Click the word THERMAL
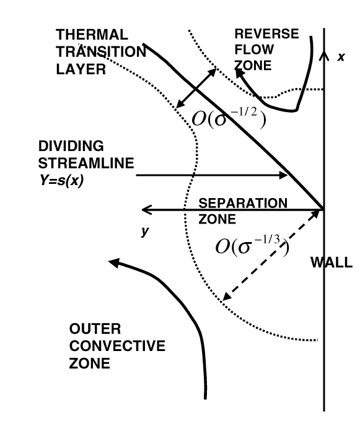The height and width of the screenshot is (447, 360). coord(92,35)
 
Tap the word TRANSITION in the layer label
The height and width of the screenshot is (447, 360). coord(101,52)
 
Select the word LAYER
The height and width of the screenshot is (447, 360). coord(81,69)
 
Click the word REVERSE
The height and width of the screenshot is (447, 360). coord(266,33)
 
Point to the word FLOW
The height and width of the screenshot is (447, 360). coord(254,50)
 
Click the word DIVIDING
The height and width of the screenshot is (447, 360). coord(71,146)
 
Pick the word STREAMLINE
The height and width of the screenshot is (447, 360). coord(86,163)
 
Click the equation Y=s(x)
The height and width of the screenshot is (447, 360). coord(61,180)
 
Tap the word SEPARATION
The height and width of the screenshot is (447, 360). coord(243,203)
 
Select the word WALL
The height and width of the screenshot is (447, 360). coord(331,263)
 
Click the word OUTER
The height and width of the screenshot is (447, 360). coord(95,329)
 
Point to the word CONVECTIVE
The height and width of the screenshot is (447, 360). coord(117,346)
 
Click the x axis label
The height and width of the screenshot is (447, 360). coord(341,57)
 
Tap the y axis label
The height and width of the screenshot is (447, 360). coord(145,231)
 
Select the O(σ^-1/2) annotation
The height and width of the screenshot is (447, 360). coord(229,118)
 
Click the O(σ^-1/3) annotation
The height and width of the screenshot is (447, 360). coord(252,245)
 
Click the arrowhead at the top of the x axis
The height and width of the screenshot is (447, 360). coord(324,55)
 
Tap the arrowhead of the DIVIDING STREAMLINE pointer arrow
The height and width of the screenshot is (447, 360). coord(283,175)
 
